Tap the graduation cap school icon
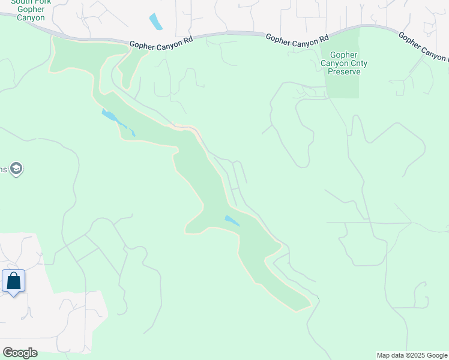(x=16, y=169)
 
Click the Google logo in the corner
(x=20, y=353)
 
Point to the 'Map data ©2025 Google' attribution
(x=412, y=355)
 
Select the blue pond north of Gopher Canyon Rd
(x=155, y=22)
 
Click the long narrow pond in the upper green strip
(x=118, y=121)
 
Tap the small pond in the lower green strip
(x=231, y=220)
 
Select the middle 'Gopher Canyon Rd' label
(x=298, y=37)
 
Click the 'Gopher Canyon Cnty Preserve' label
(x=344, y=63)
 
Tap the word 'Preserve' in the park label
(x=344, y=71)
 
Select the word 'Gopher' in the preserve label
(x=344, y=55)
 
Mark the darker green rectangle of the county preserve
(x=343, y=84)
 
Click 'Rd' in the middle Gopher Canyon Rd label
(x=324, y=37)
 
